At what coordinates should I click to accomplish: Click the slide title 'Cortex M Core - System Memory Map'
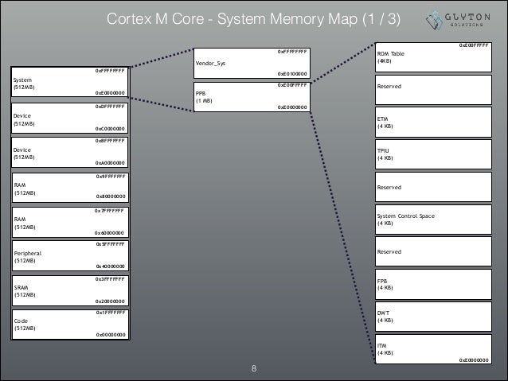coord(249,17)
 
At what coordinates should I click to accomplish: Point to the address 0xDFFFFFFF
coord(109,106)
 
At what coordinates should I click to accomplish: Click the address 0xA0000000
coord(109,161)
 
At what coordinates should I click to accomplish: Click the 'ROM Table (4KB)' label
coord(390,57)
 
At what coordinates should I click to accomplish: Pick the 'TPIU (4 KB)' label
coord(385,154)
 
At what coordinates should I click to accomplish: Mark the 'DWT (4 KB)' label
coord(385,316)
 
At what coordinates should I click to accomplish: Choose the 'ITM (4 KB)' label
coord(385,349)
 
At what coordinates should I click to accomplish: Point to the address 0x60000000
coord(109,232)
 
